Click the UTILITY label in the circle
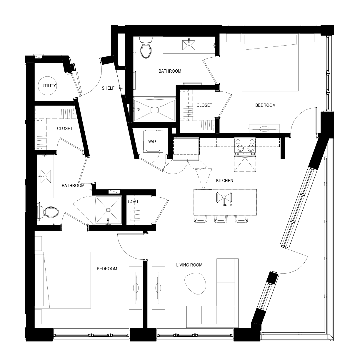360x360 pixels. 49,86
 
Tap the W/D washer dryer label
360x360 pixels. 152,141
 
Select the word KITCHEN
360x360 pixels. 224,181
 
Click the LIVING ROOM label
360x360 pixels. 189,265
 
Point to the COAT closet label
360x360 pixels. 133,202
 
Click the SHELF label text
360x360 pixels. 108,88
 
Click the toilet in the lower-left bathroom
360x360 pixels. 49,212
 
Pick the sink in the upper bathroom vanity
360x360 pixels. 188,45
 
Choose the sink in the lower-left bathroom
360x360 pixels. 45,176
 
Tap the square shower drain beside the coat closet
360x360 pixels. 108,210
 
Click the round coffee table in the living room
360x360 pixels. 194,283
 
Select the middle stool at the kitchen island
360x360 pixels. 221,219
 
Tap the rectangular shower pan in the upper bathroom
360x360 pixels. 154,110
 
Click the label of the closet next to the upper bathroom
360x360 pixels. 204,105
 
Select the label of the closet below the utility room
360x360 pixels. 64,129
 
